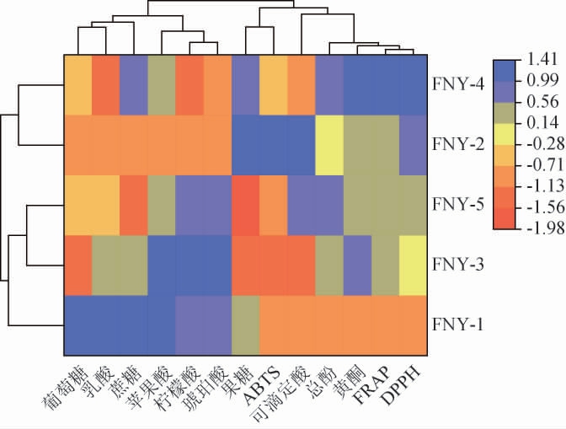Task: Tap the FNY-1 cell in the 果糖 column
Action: pyautogui.click(x=246, y=324)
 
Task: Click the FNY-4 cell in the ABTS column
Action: pyautogui.click(x=275, y=84)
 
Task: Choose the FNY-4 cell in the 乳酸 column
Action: pyautogui.click(x=105, y=84)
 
